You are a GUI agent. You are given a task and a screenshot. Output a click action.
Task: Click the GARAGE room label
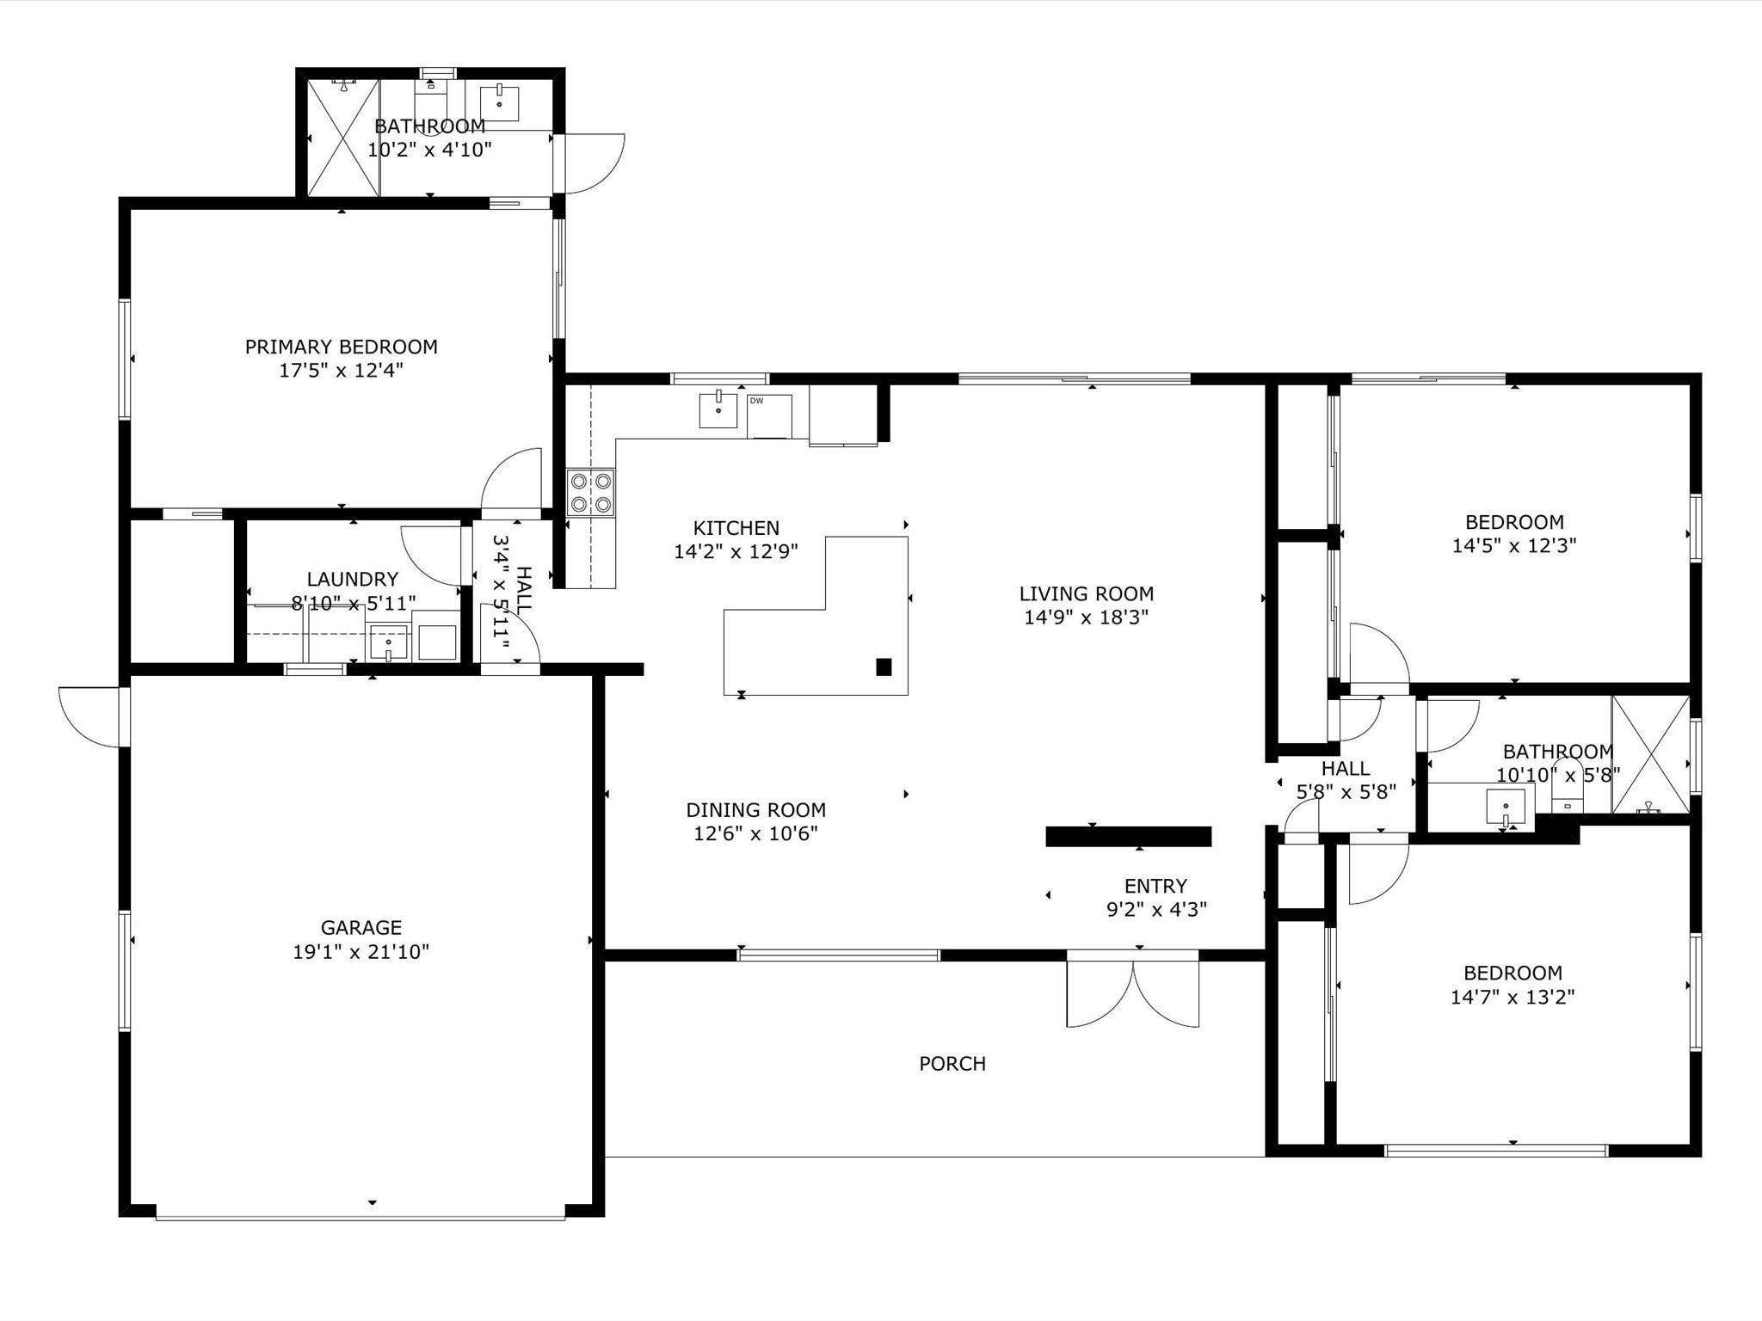pyautogui.click(x=361, y=928)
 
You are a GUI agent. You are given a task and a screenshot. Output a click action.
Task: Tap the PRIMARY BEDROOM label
pyautogui.click(x=342, y=347)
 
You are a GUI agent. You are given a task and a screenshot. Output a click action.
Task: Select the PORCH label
pyautogui.click(x=952, y=1064)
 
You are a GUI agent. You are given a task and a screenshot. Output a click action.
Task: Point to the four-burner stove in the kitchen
pyautogui.click(x=591, y=493)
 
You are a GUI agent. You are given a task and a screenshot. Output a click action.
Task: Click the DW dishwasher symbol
pyautogui.click(x=769, y=416)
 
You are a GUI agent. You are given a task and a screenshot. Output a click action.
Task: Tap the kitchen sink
pyautogui.click(x=718, y=409)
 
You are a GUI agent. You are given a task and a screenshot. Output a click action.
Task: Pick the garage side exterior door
pyautogui.click(x=93, y=716)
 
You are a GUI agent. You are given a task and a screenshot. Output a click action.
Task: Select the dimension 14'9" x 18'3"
pyautogui.click(x=1087, y=617)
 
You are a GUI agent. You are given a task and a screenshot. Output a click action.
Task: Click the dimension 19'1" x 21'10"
pyautogui.click(x=361, y=952)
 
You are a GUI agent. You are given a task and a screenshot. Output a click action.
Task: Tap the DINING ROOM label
pyautogui.click(x=756, y=810)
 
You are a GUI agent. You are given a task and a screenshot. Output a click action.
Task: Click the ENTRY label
pyautogui.click(x=1156, y=886)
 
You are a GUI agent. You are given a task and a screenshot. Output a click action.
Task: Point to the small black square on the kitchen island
pyautogui.click(x=884, y=667)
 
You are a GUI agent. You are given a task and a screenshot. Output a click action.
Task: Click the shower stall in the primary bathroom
pyautogui.click(x=343, y=137)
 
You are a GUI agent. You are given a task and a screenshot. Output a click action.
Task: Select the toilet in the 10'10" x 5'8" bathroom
pyautogui.click(x=1568, y=787)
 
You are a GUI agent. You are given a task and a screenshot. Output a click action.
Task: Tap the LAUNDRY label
pyautogui.click(x=353, y=580)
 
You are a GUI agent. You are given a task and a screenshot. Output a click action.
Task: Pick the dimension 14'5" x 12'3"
pyautogui.click(x=1514, y=546)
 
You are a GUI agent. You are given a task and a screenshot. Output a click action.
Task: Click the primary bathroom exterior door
pyautogui.click(x=589, y=163)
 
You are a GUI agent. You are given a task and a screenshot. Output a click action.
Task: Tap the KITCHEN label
pyautogui.click(x=736, y=528)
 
